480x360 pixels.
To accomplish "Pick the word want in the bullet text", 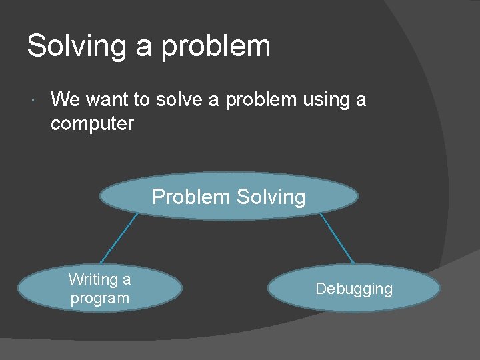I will [107, 100].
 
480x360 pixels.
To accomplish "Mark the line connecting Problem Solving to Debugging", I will [337, 238].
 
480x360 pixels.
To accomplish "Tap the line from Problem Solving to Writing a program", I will [119, 239].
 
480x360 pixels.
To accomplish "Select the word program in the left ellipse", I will [100, 298].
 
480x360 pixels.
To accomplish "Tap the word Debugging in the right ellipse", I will [354, 289].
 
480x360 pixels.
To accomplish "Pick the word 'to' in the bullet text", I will [141, 100].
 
